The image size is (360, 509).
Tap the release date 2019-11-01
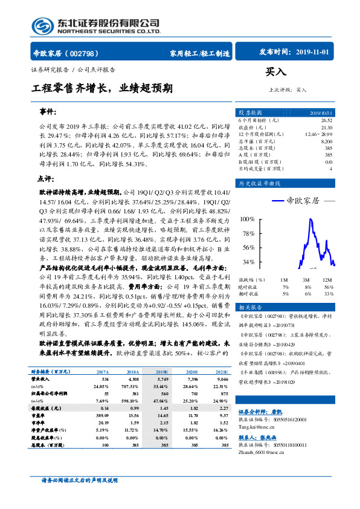click(313, 53)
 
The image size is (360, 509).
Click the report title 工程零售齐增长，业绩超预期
click(102, 88)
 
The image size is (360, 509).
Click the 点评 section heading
click(46, 179)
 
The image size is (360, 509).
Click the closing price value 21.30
click(326, 127)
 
